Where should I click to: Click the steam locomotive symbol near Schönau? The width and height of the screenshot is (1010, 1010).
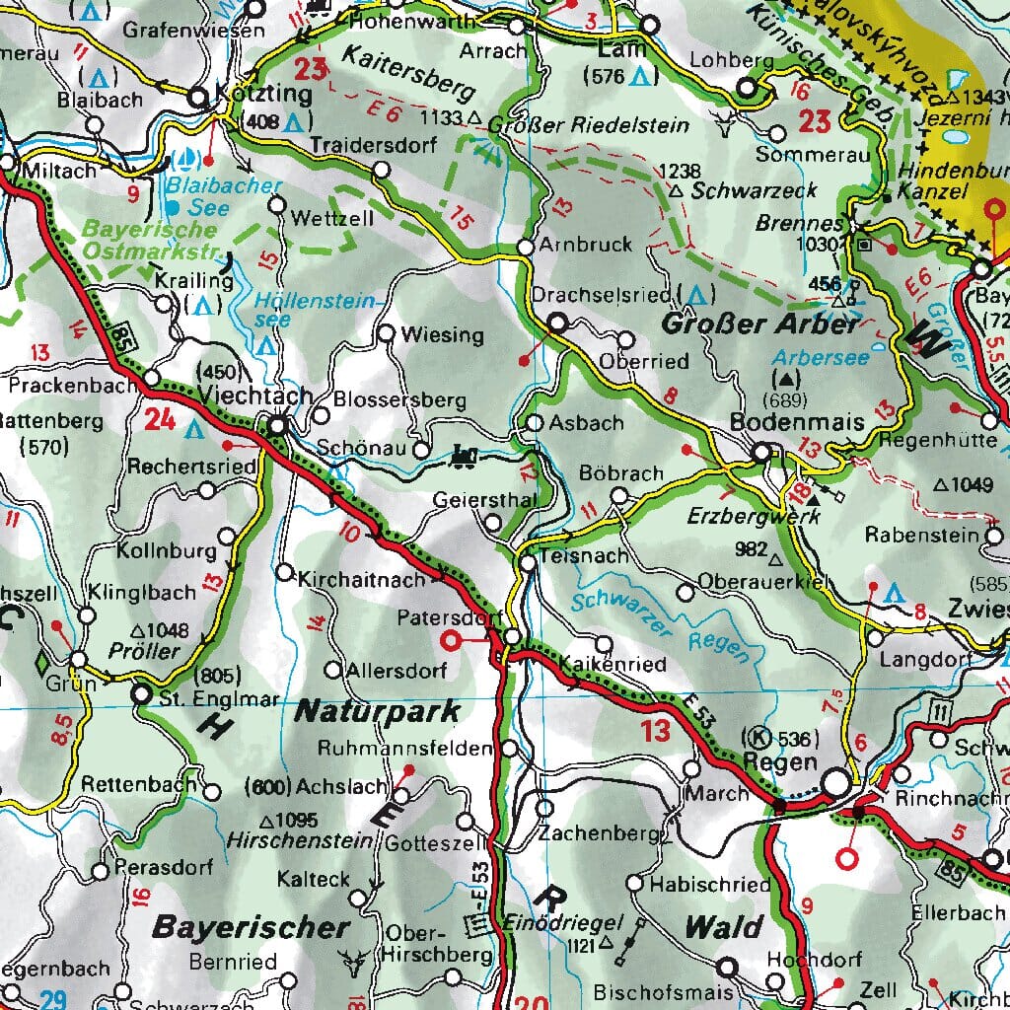coord(463,456)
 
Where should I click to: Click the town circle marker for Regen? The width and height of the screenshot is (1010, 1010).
coord(836,782)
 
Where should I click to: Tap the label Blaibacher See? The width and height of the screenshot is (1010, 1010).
coord(210,196)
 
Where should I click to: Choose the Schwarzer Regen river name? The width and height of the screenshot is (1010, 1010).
coord(662,627)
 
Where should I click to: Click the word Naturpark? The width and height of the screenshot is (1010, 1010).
coord(378,710)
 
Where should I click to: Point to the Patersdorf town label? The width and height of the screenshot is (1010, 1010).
coord(444,618)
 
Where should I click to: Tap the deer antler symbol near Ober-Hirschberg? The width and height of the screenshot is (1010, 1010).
coord(350,959)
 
